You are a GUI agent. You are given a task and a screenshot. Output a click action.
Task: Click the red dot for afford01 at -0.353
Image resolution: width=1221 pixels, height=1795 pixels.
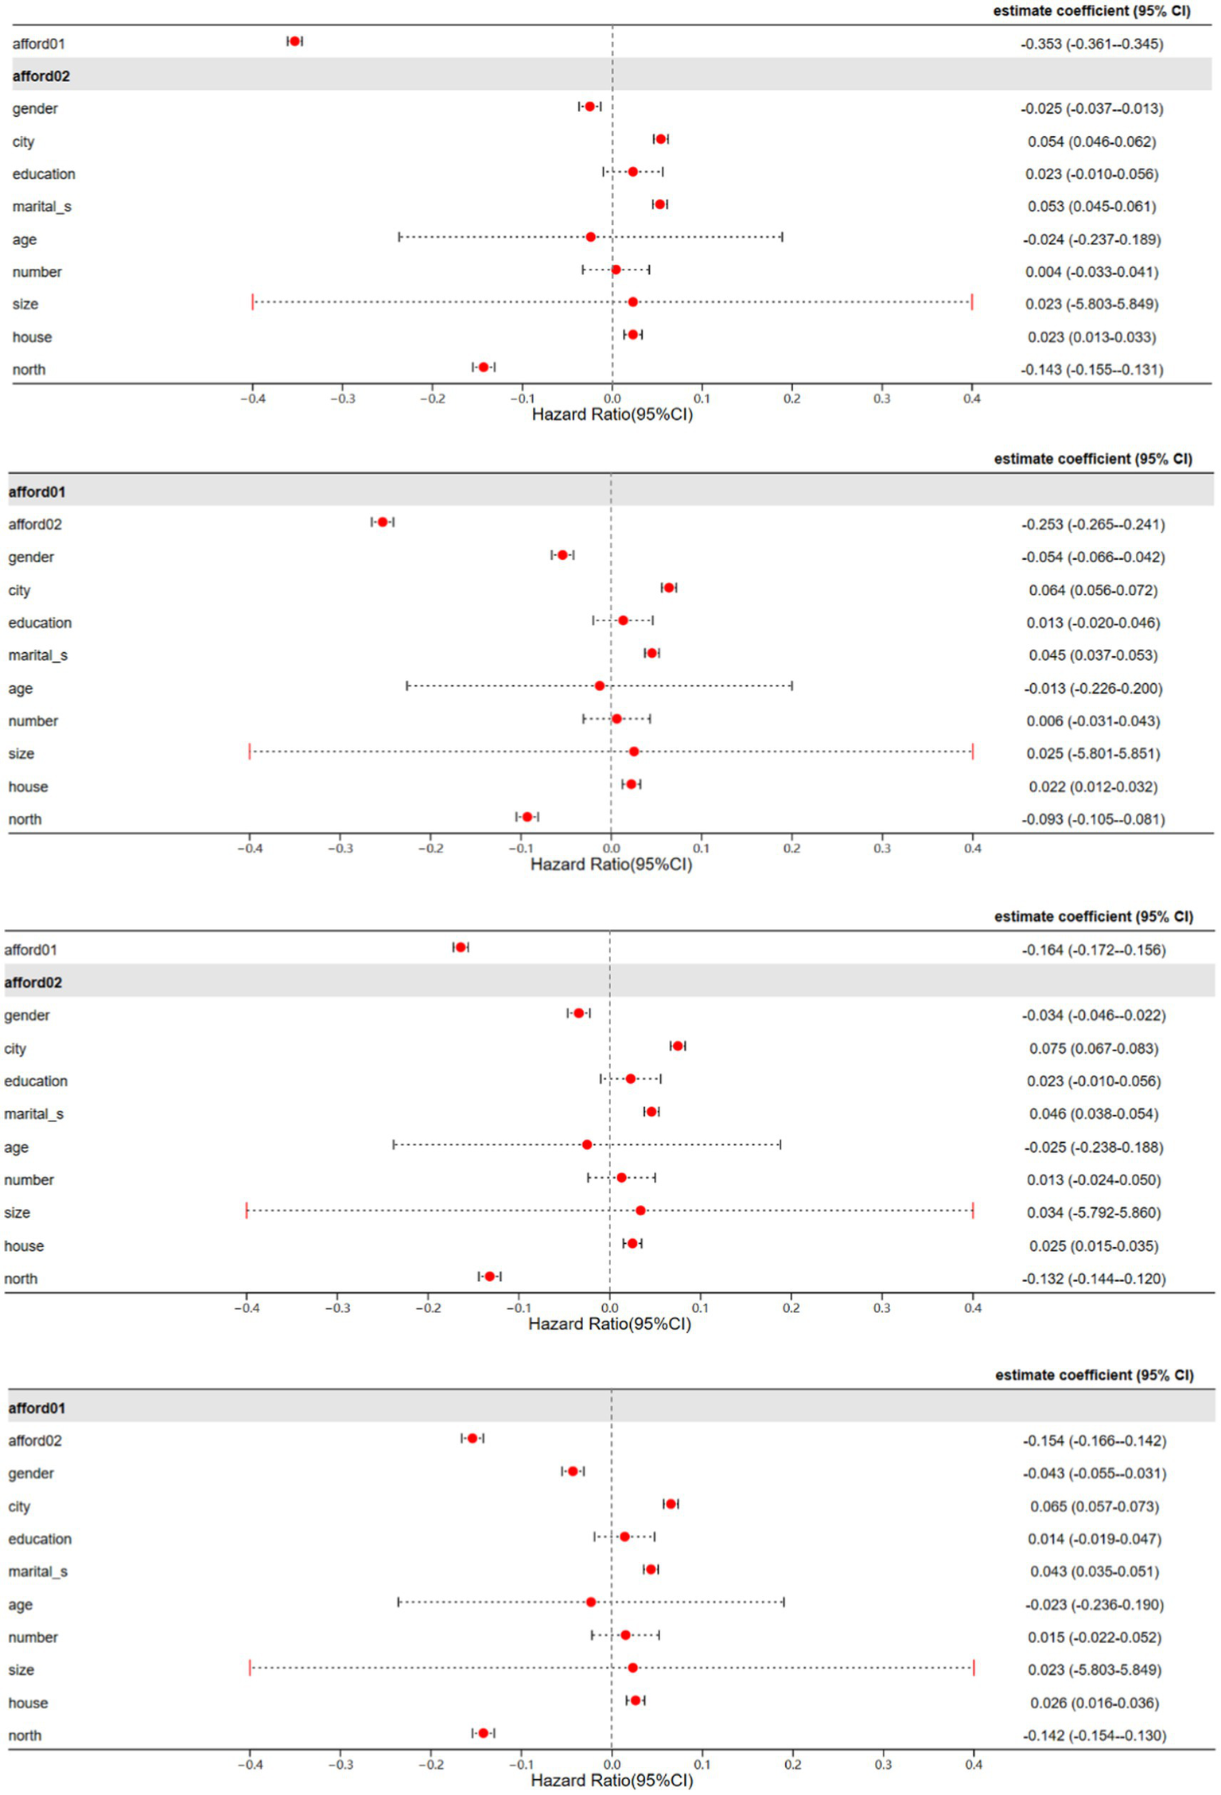pyautogui.click(x=295, y=41)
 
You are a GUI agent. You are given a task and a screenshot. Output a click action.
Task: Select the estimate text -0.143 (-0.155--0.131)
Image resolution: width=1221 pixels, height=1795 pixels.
pyautogui.click(x=1091, y=370)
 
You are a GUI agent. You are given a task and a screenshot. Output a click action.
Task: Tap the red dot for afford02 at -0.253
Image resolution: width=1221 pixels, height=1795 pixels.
pyautogui.click(x=383, y=523)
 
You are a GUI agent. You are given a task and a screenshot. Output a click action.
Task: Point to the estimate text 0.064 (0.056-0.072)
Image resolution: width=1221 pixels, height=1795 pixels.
pyautogui.click(x=1093, y=591)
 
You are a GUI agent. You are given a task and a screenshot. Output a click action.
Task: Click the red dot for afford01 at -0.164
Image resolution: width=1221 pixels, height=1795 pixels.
pyautogui.click(x=461, y=948)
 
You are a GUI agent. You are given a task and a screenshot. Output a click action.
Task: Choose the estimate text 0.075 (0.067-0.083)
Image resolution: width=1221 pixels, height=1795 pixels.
pyautogui.click(x=1093, y=1049)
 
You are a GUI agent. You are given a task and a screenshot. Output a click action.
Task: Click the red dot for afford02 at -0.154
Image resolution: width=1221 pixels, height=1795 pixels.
pyautogui.click(x=472, y=1439)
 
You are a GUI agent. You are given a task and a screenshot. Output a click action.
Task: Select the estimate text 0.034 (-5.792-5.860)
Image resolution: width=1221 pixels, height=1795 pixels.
pyautogui.click(x=1093, y=1213)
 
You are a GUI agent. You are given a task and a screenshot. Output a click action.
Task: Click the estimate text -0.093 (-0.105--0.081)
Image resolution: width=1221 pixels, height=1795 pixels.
pyautogui.click(x=1093, y=820)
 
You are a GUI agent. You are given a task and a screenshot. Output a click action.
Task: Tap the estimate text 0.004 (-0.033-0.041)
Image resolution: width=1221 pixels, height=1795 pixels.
pyautogui.click(x=1091, y=272)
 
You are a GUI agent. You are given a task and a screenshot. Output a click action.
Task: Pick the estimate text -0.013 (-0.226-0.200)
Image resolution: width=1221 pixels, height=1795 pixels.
pyautogui.click(x=1093, y=689)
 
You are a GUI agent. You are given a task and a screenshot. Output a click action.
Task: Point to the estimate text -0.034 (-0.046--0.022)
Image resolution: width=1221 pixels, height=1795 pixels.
pyautogui.click(x=1093, y=1016)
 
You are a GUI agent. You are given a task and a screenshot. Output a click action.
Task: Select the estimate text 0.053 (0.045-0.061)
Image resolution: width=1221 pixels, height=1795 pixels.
pyautogui.click(x=1091, y=207)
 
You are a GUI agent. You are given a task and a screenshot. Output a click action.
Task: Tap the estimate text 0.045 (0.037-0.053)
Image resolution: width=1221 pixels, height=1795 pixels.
pyautogui.click(x=1093, y=656)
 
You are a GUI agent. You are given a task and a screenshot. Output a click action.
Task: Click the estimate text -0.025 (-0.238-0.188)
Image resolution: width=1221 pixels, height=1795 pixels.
pyautogui.click(x=1093, y=1148)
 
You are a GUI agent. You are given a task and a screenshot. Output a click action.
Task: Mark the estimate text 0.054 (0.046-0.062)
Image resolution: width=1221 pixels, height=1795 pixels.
pyautogui.click(x=1091, y=142)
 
